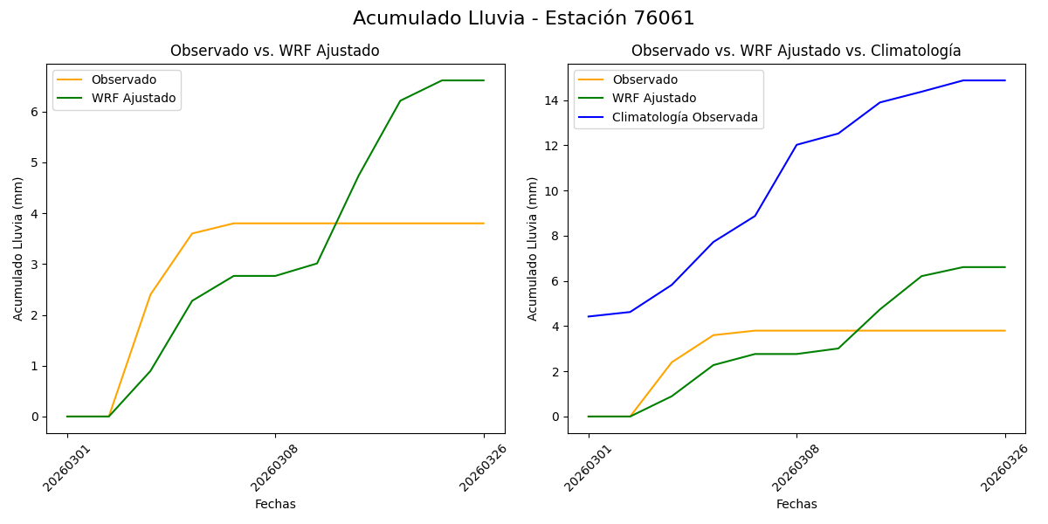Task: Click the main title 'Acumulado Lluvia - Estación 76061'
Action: pyautogui.click(x=524, y=18)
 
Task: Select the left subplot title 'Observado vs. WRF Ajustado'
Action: pyautogui.click(x=274, y=51)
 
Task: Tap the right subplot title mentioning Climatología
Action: pyautogui.click(x=796, y=51)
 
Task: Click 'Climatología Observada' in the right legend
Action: pyautogui.click(x=685, y=117)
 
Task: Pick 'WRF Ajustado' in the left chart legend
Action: pyautogui.click(x=134, y=98)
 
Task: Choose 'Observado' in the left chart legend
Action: pyautogui.click(x=124, y=79)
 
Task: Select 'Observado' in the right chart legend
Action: pyautogui.click(x=645, y=79)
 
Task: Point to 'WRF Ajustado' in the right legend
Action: pyautogui.click(x=654, y=98)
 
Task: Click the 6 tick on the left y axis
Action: pyautogui.click(x=36, y=112)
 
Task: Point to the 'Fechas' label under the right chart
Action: pyautogui.click(x=796, y=504)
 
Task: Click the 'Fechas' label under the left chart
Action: pyautogui.click(x=275, y=504)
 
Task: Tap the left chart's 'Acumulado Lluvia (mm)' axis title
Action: pyautogui.click(x=18, y=248)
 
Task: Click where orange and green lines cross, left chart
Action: pyautogui.click(x=335, y=224)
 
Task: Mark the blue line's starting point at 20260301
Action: pyautogui.click(x=589, y=316)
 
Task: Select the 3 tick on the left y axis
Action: pyautogui.click(x=36, y=265)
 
